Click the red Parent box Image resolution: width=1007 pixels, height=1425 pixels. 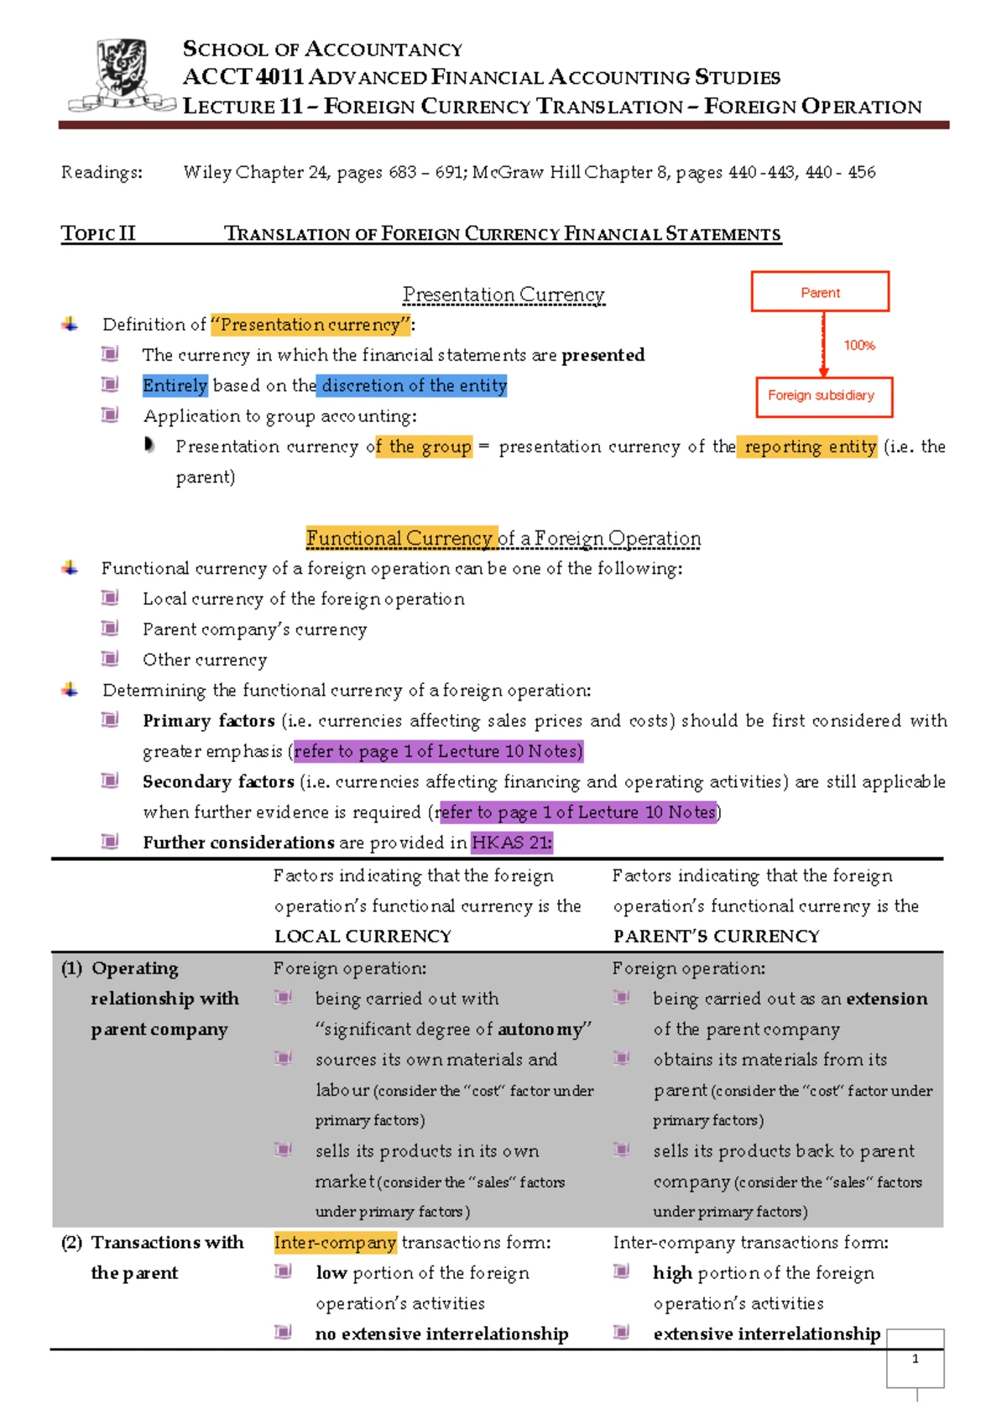point(820,292)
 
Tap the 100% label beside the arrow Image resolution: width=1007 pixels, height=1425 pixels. point(859,345)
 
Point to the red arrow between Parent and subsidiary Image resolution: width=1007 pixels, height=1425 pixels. point(823,344)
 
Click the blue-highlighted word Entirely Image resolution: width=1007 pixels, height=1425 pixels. point(175,385)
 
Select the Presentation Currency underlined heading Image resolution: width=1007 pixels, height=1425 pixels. point(503,295)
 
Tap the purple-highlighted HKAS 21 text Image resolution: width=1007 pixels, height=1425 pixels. point(511,843)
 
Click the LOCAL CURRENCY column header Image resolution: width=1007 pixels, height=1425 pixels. point(363,936)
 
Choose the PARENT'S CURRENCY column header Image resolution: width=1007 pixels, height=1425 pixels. point(716,936)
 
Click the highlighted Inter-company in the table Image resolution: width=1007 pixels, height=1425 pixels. point(335,1242)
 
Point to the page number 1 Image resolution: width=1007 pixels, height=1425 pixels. point(915,1359)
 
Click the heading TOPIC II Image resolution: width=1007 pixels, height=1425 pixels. point(98,233)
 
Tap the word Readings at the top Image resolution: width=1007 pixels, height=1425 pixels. point(102,172)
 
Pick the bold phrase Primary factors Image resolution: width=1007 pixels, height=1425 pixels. point(208,721)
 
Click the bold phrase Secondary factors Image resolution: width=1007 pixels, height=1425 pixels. point(218,781)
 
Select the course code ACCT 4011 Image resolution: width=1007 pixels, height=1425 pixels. point(243,77)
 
